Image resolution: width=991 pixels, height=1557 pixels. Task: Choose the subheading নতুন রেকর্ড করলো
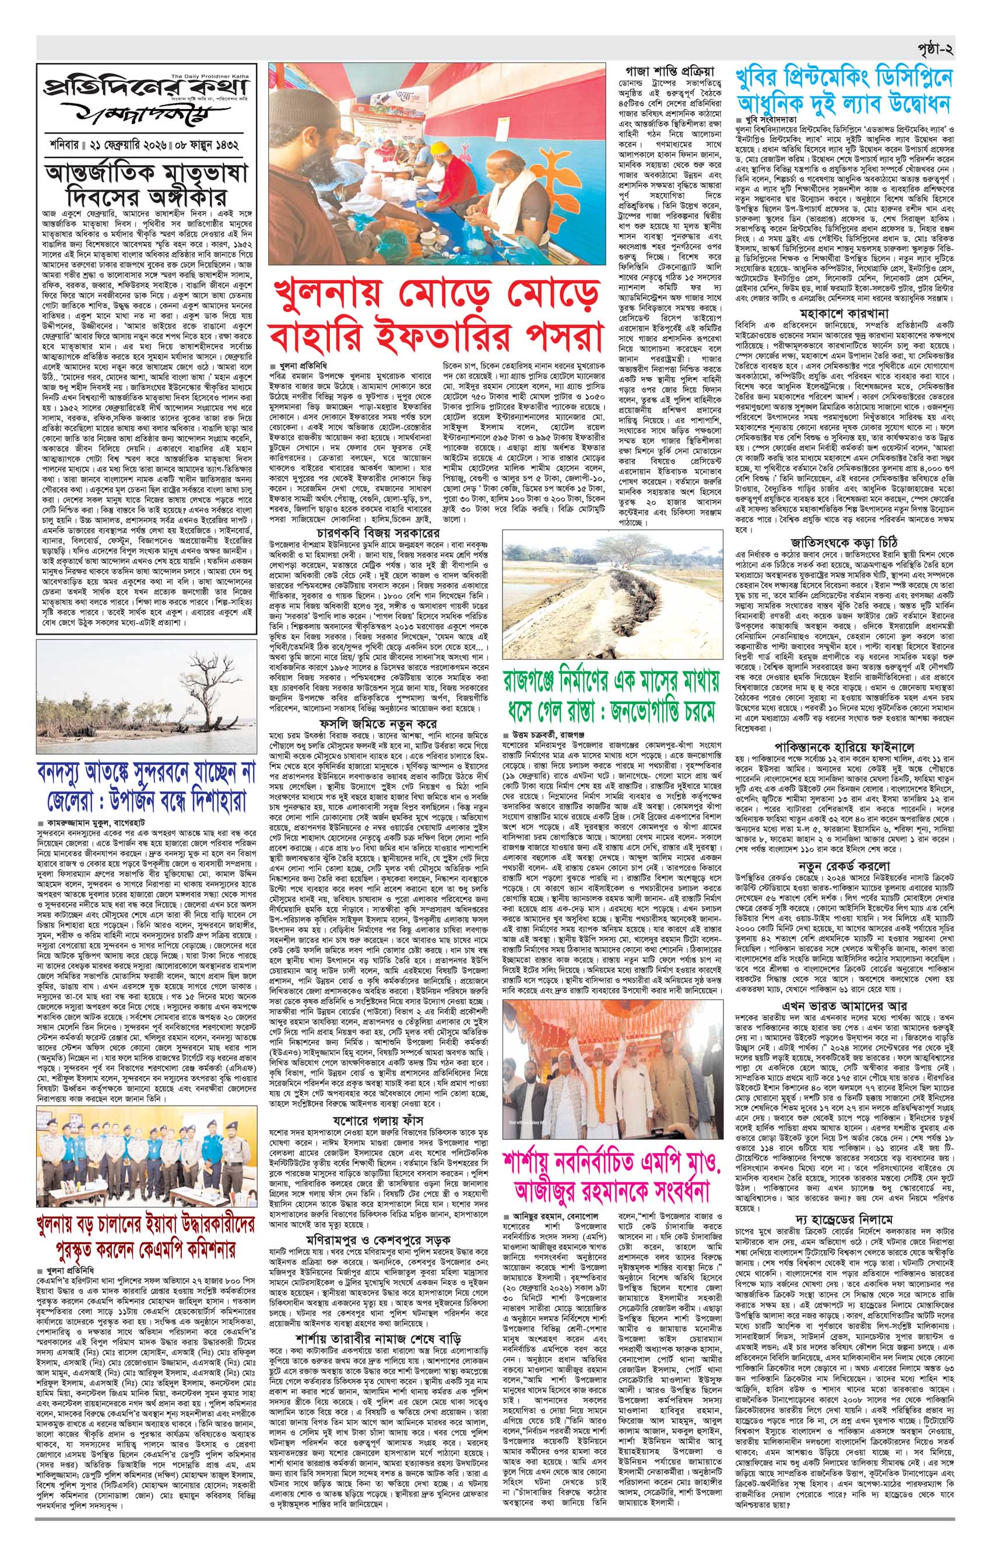point(844,866)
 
